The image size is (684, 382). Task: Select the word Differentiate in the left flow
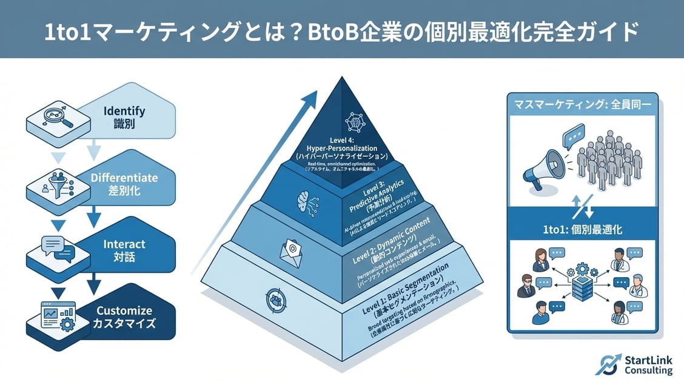124,178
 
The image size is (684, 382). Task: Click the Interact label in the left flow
124,244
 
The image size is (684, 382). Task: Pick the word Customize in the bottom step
124,310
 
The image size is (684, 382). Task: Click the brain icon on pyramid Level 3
304,200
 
